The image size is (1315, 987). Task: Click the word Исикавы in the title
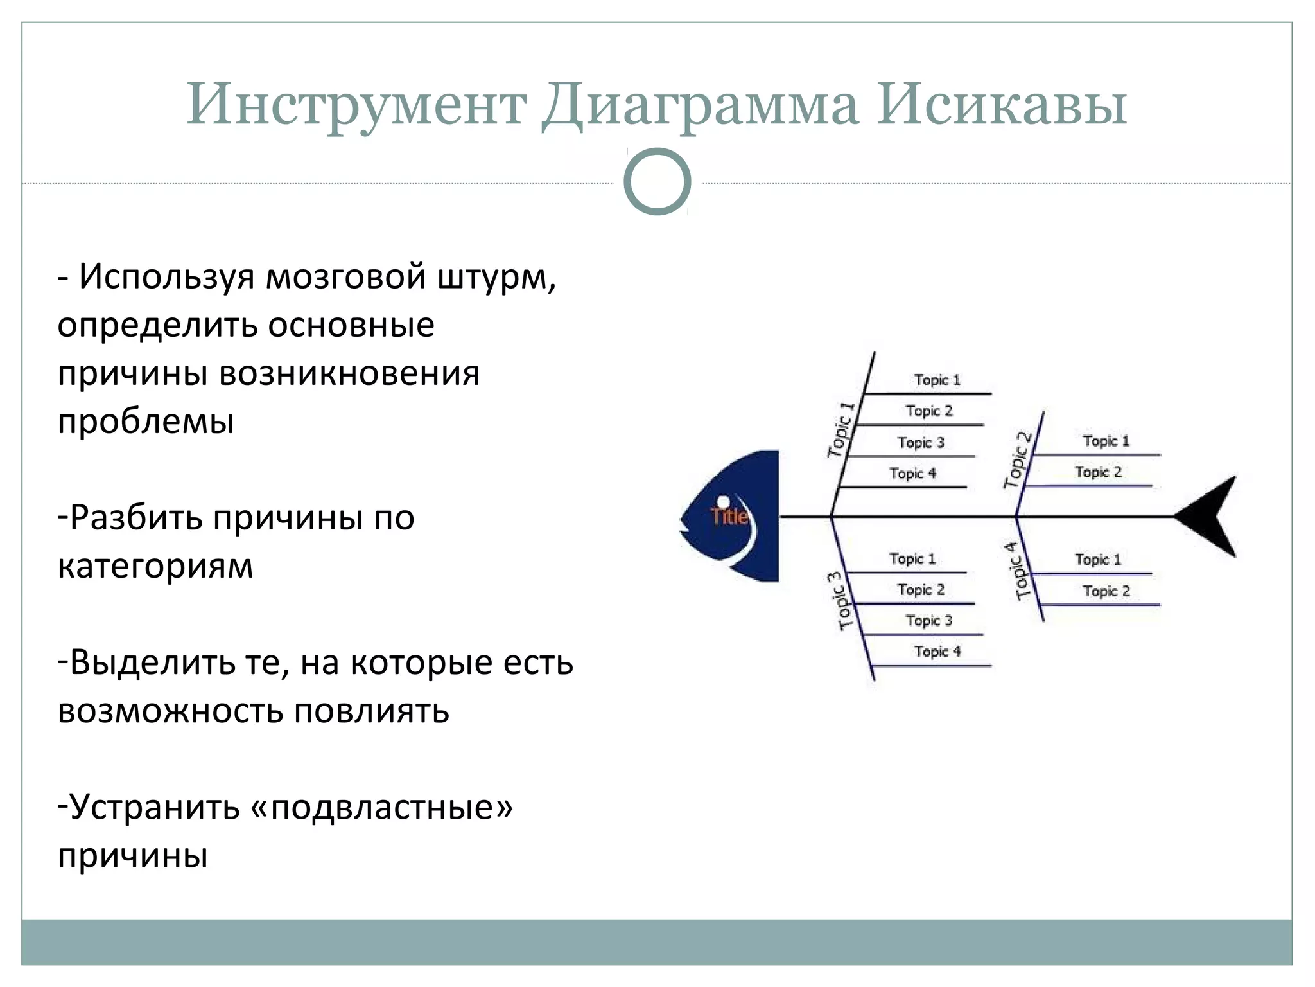1001,105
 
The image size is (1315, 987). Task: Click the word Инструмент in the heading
356,105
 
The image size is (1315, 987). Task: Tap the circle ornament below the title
657,182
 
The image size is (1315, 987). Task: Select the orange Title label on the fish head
729,516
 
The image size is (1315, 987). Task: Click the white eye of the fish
723,501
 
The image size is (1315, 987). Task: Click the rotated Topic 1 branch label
842,429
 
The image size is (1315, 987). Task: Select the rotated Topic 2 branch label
1018,460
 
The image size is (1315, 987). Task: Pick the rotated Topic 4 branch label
1018,571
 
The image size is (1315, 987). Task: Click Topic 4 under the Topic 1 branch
912,474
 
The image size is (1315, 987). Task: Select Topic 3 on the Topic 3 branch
929,621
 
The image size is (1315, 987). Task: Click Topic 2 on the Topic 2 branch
1098,472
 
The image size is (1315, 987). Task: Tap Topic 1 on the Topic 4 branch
1098,560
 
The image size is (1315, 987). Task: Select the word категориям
155,567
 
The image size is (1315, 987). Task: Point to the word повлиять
372,711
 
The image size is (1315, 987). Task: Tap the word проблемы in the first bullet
146,422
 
